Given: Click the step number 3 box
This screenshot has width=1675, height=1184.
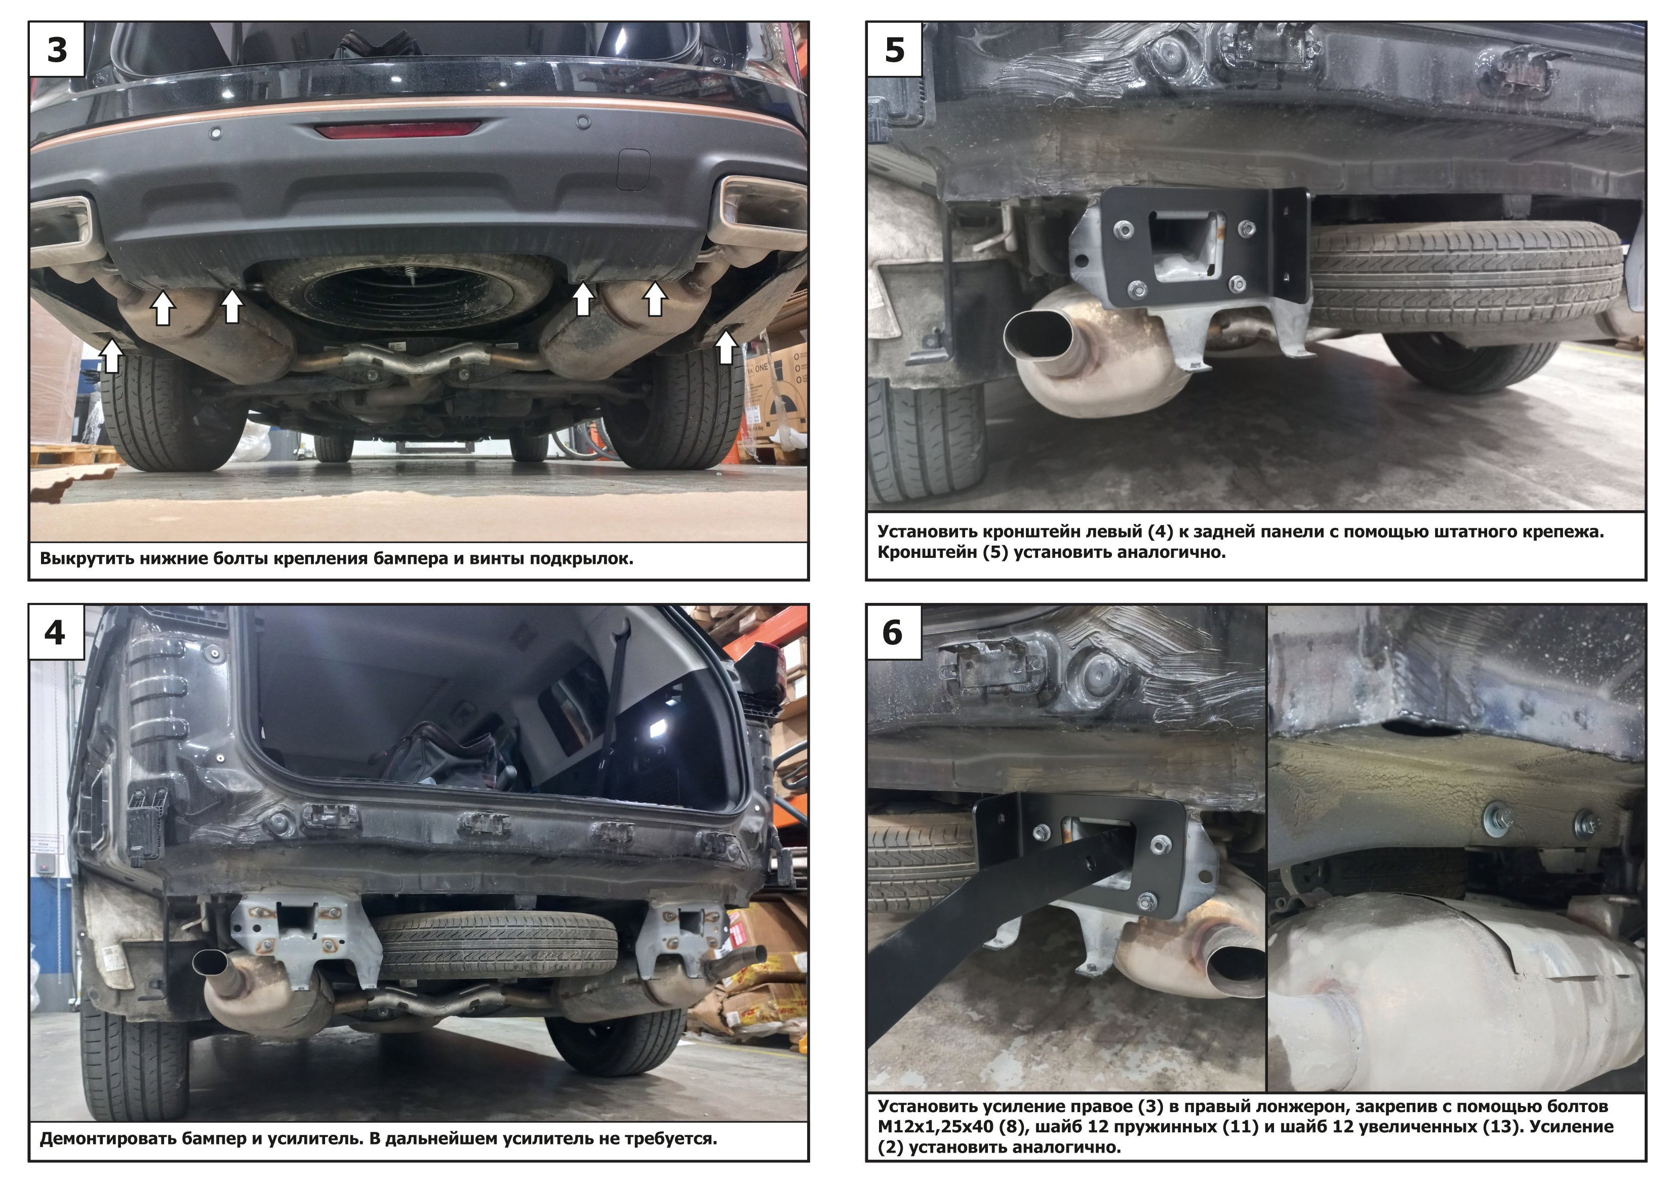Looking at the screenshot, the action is point(57,49).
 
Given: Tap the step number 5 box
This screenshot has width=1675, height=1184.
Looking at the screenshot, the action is point(894,49).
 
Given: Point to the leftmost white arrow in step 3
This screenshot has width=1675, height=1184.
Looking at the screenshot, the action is point(111,355).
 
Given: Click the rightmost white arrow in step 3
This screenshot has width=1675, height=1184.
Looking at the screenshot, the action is point(725,347).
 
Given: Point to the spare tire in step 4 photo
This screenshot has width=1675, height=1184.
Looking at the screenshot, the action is point(496,944).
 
